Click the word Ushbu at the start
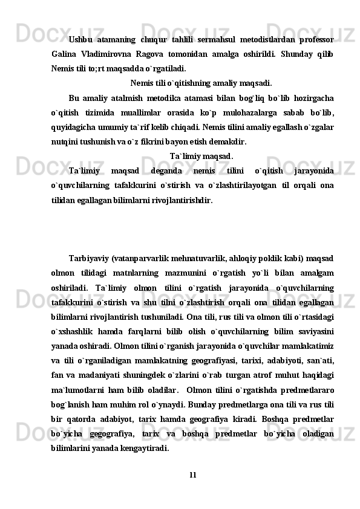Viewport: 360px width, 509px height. [80, 40]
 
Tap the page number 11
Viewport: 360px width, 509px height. [192, 473]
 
